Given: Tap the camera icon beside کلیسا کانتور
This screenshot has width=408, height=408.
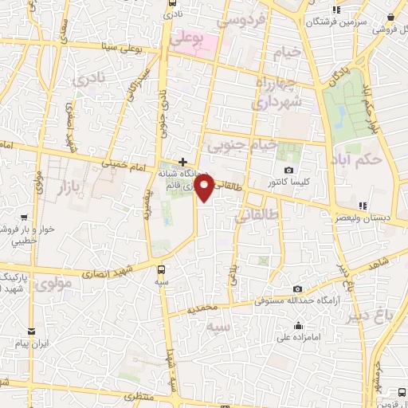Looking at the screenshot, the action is point(288,171).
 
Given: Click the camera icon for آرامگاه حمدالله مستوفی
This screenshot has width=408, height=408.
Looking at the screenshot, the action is point(297,288).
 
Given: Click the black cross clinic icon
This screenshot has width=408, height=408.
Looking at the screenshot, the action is point(182,162).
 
